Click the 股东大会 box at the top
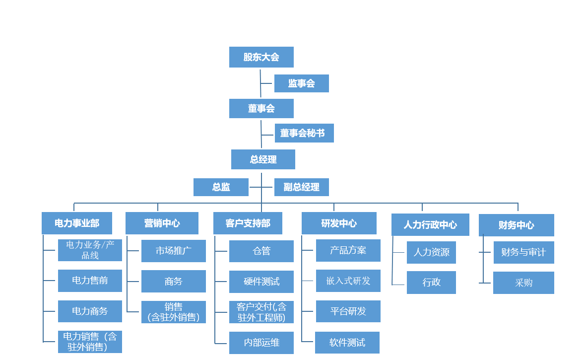click(261, 57)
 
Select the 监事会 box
click(301, 83)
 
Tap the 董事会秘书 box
click(304, 133)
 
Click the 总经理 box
click(263, 159)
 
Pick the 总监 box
click(221, 187)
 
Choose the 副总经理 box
click(301, 187)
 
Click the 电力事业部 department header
click(77, 223)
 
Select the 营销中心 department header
click(162, 223)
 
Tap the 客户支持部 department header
click(248, 223)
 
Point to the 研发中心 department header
click(339, 223)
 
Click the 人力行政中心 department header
click(430, 225)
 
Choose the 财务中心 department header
click(516, 225)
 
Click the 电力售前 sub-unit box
click(90, 281)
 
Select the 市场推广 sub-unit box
click(173, 251)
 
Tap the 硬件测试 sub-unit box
click(261, 282)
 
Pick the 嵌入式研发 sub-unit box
click(348, 281)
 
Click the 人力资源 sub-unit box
click(431, 252)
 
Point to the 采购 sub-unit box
click(523, 283)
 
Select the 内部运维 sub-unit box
click(261, 343)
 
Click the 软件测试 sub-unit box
click(347, 343)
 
